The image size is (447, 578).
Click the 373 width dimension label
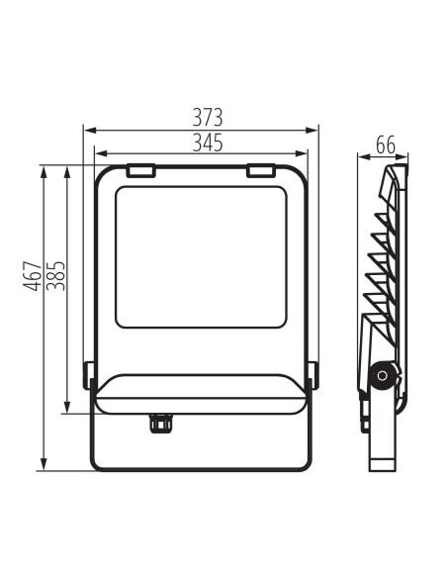click(208, 118)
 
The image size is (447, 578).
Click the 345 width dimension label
click(208, 143)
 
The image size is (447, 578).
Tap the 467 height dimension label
click(32, 276)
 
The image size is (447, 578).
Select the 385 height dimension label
click(55, 276)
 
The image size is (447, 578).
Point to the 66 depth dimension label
click(386, 144)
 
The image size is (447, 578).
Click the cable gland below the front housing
click(160, 424)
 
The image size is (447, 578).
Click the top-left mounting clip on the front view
click(141, 170)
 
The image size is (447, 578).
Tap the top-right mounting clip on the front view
click(261, 170)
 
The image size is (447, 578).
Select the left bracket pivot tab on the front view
click(89, 375)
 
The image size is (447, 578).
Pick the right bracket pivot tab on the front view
click(313, 375)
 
